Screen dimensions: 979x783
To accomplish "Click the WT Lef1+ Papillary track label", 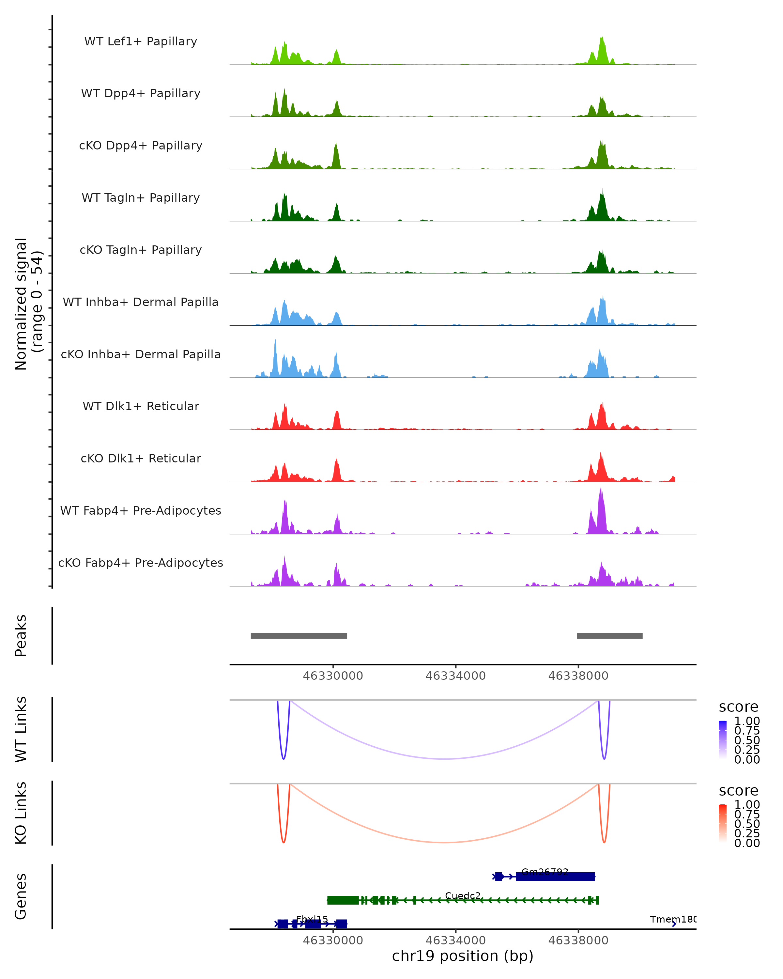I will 141,41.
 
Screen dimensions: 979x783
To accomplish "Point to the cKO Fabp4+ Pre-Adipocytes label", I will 141,563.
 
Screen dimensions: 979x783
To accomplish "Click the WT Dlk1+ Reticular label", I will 141,406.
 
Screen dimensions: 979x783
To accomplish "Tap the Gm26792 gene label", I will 545,871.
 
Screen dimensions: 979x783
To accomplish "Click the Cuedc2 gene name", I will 463,895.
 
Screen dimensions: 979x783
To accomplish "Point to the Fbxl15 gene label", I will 312,919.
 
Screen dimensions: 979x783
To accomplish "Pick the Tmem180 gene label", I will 673,919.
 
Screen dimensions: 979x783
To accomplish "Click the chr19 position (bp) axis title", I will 463,956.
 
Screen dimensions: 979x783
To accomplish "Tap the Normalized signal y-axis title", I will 28,304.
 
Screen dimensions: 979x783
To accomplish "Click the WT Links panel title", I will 21,729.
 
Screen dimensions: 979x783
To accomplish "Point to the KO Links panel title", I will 21,813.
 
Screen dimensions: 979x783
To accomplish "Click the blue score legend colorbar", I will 723,739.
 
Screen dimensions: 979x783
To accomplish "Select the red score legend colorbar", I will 723,823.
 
